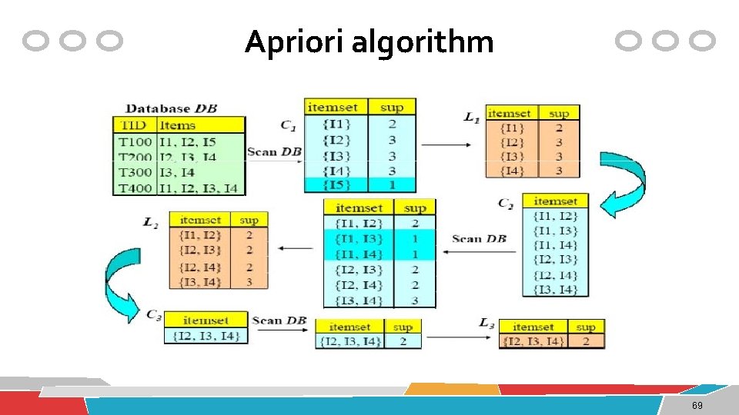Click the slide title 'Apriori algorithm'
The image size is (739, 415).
pos(369,41)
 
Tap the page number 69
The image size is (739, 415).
pos(697,406)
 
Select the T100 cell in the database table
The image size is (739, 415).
pos(135,141)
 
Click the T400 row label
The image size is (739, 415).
pos(135,188)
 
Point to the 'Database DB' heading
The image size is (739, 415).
pos(171,109)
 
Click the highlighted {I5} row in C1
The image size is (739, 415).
pos(336,185)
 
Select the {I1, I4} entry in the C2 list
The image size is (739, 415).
pos(555,245)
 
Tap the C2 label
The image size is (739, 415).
pos(506,203)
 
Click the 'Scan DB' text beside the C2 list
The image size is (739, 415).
pos(479,239)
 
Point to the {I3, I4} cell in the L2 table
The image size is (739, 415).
pos(200,282)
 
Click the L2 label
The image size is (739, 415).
pos(151,222)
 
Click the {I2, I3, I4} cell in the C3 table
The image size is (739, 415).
pos(206,336)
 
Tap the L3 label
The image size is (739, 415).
pos(486,324)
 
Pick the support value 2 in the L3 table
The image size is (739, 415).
pos(586,341)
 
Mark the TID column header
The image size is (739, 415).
pos(135,125)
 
